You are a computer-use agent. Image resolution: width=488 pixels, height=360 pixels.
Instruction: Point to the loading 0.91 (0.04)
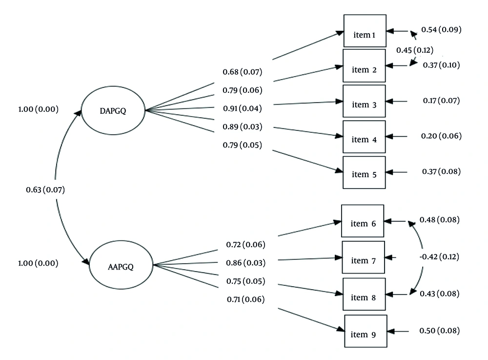[242, 108]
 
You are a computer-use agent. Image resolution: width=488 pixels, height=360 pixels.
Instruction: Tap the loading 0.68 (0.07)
[242, 72]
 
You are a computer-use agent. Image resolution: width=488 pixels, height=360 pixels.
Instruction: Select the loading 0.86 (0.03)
[245, 263]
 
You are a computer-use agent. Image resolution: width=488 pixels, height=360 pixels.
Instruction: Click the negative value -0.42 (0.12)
[439, 256]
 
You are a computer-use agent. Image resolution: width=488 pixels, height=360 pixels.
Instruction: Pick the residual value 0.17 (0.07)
[441, 101]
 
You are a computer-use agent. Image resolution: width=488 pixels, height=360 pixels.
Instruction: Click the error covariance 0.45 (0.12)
[414, 50]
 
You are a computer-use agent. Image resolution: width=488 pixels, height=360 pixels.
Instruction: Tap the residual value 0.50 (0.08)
[439, 331]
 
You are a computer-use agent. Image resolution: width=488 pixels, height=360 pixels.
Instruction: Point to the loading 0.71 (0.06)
[245, 299]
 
